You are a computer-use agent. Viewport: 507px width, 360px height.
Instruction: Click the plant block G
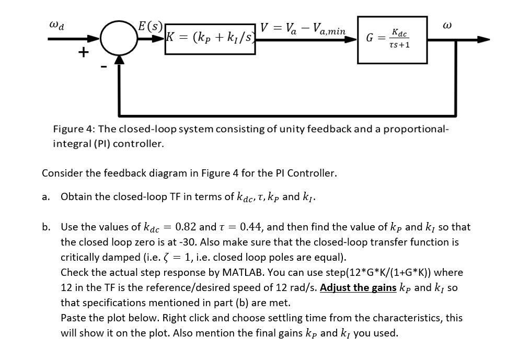(x=392, y=40)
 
